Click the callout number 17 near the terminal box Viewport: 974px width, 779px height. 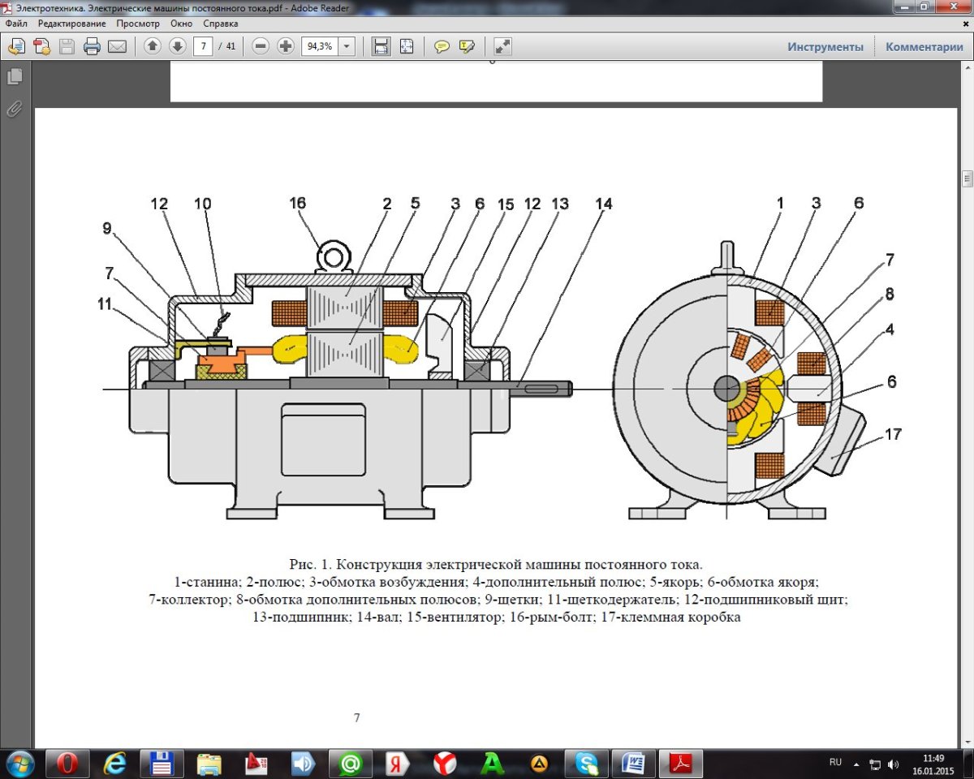coord(893,434)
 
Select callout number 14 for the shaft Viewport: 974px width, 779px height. coord(602,204)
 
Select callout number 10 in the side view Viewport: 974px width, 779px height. coord(202,204)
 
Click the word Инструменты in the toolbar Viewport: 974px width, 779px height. coord(825,47)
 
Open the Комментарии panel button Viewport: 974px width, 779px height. coord(924,47)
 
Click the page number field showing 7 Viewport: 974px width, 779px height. coord(204,46)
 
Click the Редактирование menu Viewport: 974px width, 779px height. coord(71,24)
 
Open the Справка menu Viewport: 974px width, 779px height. coord(221,24)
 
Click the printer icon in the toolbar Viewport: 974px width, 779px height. coord(92,46)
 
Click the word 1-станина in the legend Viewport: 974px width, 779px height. coord(200,582)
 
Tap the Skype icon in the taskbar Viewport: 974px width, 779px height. coord(586,764)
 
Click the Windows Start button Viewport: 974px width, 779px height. coord(19,764)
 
